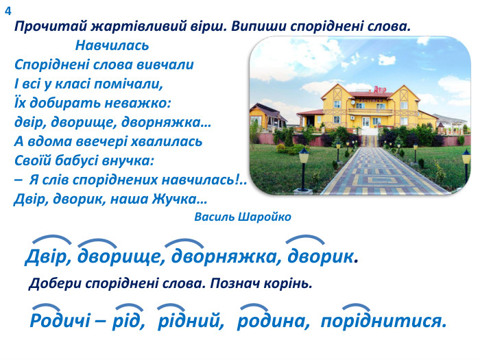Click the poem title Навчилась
(x=112, y=47)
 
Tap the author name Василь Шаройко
(x=243, y=217)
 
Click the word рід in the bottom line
(x=130, y=321)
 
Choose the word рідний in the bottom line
(x=191, y=321)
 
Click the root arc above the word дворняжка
(x=184, y=241)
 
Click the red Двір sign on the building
(x=382, y=89)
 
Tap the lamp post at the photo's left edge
(x=304, y=165)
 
